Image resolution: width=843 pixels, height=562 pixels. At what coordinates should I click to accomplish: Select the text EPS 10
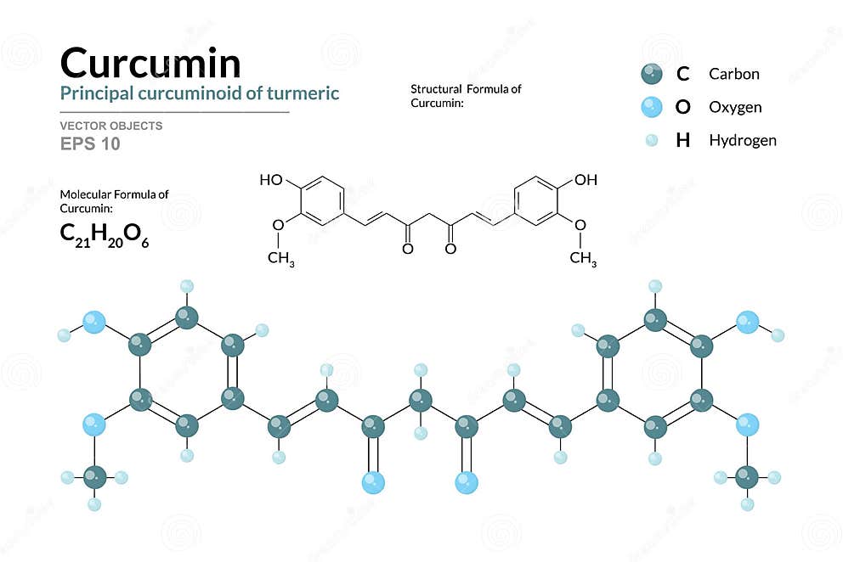click(x=90, y=143)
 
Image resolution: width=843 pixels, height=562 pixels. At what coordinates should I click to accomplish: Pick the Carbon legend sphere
click(x=652, y=74)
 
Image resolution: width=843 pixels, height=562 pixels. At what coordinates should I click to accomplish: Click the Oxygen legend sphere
click(x=652, y=107)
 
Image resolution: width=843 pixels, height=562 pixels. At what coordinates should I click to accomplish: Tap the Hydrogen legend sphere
click(x=652, y=140)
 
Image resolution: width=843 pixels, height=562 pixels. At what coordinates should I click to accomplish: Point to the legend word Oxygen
click(x=735, y=107)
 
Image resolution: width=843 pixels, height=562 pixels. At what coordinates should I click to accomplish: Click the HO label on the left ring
click(x=271, y=180)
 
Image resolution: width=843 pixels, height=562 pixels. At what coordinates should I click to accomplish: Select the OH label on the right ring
click(x=586, y=180)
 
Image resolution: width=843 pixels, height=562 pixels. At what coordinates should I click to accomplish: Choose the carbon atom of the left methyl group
click(x=94, y=477)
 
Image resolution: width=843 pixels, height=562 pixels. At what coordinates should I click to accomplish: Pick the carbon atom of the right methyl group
click(x=747, y=477)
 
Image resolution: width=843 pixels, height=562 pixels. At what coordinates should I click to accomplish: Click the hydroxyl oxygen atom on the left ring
click(x=94, y=322)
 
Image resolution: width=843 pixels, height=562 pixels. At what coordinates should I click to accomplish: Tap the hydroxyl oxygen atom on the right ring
click(x=747, y=322)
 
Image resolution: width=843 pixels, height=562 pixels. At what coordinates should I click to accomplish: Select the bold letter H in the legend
click(x=682, y=140)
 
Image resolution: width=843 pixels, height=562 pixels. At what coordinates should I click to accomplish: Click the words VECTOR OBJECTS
click(x=110, y=126)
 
